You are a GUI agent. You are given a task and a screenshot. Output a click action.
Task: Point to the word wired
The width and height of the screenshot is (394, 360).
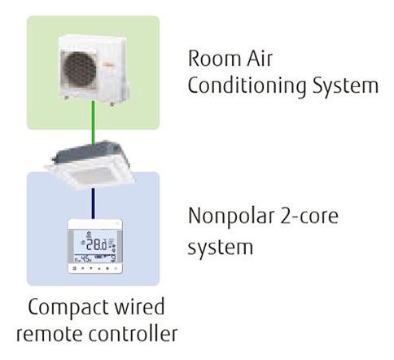pos(140,310)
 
